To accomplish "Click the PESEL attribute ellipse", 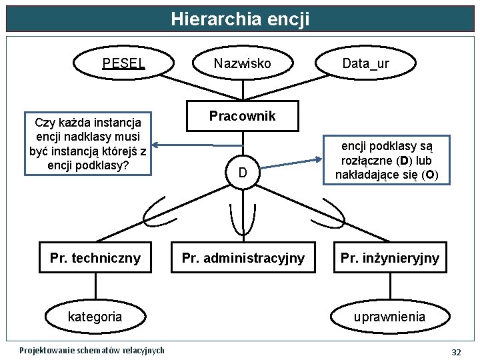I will click(124, 63).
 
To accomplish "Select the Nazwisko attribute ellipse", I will click(242, 63).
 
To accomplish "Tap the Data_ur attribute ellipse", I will click(365, 63).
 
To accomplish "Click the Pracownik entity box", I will click(242, 117).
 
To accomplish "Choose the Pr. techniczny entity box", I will click(95, 258).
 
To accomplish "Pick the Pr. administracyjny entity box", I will click(243, 258).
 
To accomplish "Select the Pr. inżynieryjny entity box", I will click(390, 258).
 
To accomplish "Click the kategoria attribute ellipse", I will click(95, 317).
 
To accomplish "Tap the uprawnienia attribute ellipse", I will click(390, 317).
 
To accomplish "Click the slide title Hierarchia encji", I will click(240, 18).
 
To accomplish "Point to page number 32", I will click(456, 351).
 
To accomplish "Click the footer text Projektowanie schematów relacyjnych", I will click(92, 351).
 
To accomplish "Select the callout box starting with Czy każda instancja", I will click(88, 144).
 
